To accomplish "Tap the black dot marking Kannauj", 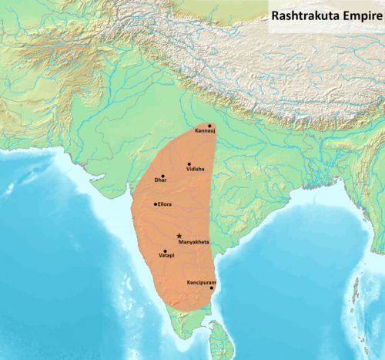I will coord(209,126).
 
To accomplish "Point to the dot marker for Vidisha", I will coord(189,164).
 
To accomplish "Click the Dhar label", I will coord(160,180).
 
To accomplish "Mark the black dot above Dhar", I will coord(162,176).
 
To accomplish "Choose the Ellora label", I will coord(165,204).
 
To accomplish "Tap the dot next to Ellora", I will coord(156,204).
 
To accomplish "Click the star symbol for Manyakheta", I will coord(179,236).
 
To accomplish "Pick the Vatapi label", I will coord(166,256).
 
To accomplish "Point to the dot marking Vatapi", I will coord(165,251).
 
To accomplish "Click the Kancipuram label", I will coord(201,282).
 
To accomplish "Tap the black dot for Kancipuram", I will coord(212,288).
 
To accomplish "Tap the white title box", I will coord(326,13).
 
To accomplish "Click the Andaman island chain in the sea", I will coord(356,289).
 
